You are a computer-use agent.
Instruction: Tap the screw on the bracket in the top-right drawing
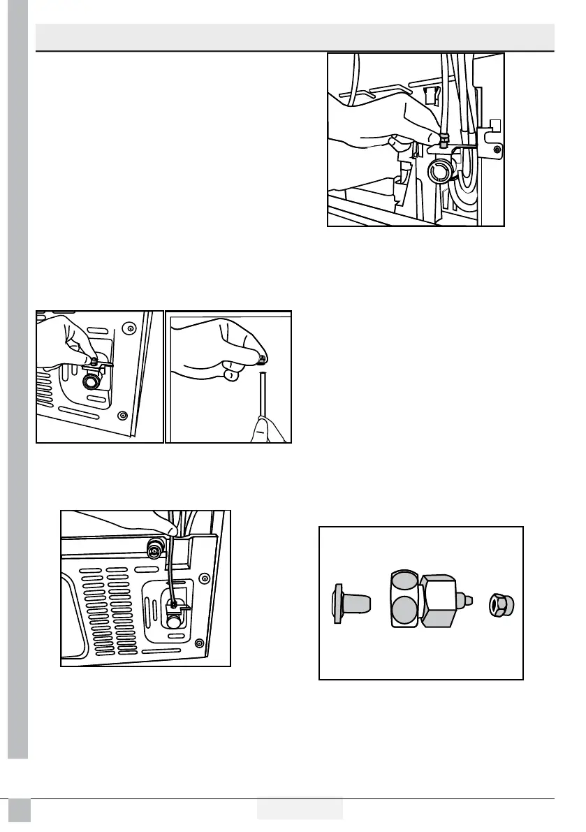click(x=496, y=149)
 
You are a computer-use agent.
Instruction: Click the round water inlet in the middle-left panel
click(x=91, y=381)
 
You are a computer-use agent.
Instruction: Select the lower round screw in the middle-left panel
click(x=123, y=415)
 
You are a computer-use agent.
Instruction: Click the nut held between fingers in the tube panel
click(x=260, y=359)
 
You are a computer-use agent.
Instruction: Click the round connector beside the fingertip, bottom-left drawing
click(x=152, y=549)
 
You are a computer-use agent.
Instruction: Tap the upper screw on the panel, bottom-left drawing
click(x=205, y=577)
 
